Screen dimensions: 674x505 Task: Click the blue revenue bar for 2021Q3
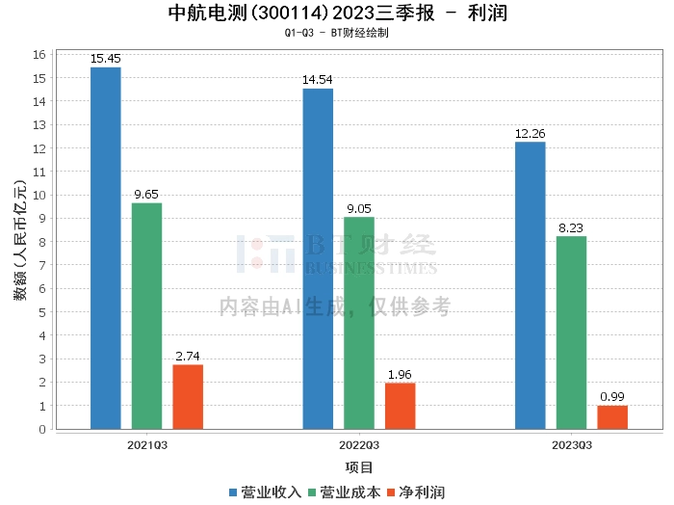106,249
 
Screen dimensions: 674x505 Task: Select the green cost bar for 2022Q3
359,323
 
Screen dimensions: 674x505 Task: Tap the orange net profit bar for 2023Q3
612,417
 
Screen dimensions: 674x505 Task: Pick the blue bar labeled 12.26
531,285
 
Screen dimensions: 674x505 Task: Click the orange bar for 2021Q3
188,397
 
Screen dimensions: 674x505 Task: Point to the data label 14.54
317,80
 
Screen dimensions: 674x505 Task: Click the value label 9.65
146,195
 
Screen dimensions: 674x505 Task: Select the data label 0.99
612,397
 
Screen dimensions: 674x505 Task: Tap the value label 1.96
400,375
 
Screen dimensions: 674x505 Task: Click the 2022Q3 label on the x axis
359,445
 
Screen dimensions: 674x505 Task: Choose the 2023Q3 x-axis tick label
572,445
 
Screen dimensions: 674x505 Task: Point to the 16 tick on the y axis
39,55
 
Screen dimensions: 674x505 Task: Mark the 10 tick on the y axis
39,196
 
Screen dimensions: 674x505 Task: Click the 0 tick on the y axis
42,429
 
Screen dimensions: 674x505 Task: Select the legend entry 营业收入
266,492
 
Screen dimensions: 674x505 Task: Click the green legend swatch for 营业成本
312,492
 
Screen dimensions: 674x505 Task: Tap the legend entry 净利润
416,492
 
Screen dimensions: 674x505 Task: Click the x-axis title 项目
359,467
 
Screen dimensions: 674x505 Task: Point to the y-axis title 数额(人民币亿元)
20,240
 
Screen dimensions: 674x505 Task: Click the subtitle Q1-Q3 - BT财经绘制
337,33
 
